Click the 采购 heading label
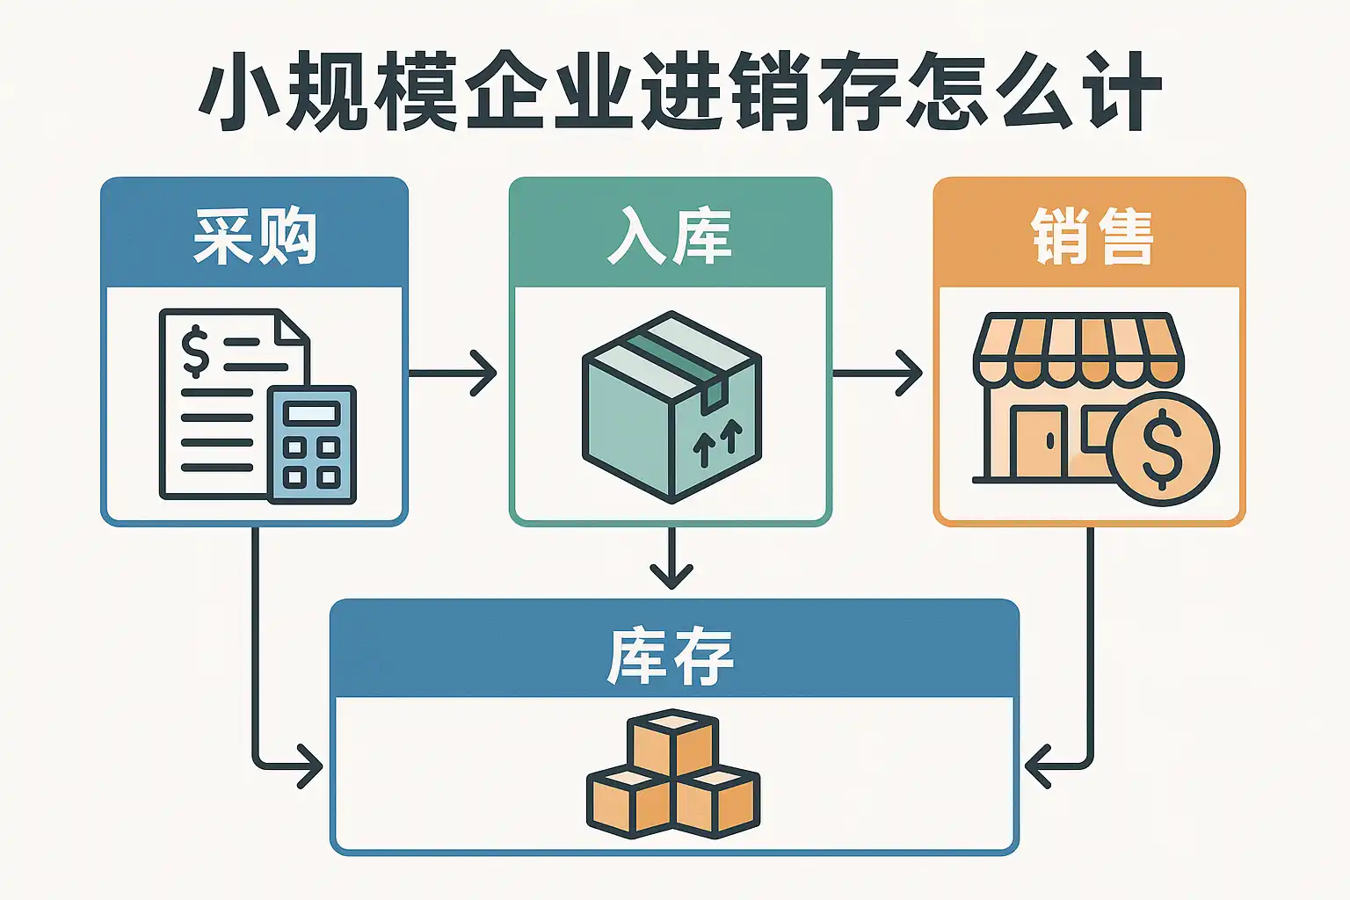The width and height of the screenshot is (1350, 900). tap(254, 236)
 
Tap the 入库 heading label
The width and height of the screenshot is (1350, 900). tap(670, 236)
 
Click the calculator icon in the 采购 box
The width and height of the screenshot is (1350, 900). tap(312, 445)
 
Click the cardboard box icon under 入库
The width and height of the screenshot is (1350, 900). tap(671, 406)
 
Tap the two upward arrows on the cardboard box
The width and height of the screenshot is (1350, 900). tap(717, 442)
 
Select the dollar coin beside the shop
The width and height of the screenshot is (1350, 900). tap(1163, 449)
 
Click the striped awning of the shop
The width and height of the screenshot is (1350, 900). tap(1078, 350)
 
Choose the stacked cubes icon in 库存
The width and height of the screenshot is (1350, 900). tap(672, 774)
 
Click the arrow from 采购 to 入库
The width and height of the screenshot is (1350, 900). tap(453, 374)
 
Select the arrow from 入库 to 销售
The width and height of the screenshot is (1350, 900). tap(876, 374)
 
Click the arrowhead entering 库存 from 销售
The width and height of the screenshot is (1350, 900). tap(1037, 766)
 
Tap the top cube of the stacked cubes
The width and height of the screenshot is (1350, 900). tap(672, 743)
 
